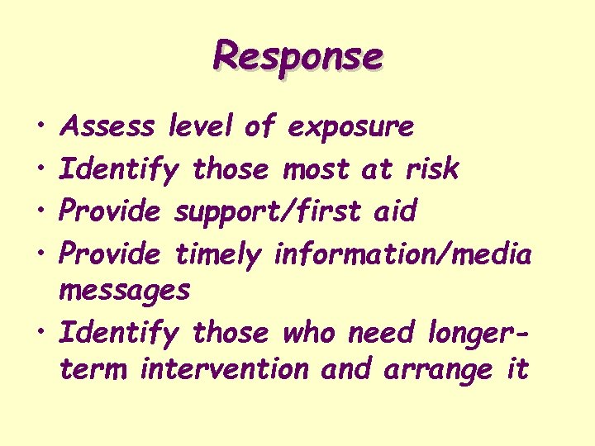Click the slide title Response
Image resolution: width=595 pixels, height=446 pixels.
297,56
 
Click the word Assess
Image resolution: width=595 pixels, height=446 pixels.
108,126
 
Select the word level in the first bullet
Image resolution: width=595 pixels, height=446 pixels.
200,126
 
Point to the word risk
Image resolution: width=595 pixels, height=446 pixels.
431,168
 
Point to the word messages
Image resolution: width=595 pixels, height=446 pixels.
125,292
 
